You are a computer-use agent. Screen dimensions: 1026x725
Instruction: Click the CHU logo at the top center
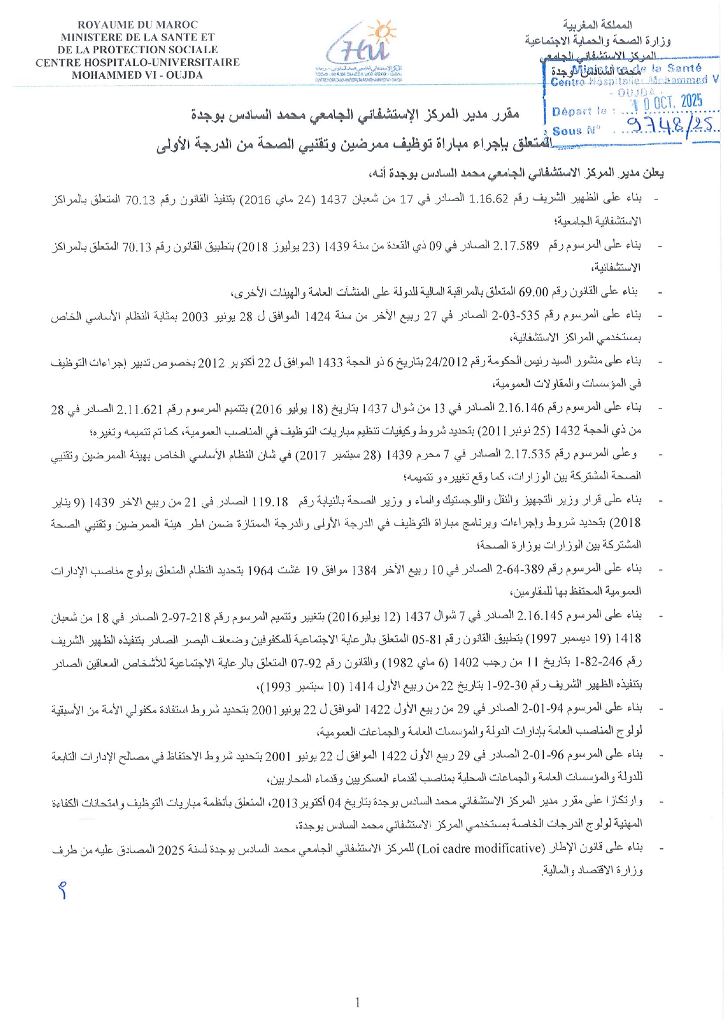363,50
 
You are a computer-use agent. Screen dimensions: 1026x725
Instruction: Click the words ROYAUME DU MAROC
137,25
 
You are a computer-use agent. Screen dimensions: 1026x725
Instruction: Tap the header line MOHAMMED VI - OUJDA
137,75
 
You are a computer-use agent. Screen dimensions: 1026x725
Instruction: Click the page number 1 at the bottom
358,1003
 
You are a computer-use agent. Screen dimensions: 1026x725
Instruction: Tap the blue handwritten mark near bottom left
63,890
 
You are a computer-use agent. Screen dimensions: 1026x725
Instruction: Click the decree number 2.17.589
516,246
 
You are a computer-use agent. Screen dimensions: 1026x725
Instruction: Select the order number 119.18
270,501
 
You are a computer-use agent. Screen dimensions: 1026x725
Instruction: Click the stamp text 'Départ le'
579,111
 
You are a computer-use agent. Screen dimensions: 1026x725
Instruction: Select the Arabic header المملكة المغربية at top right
597,25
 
